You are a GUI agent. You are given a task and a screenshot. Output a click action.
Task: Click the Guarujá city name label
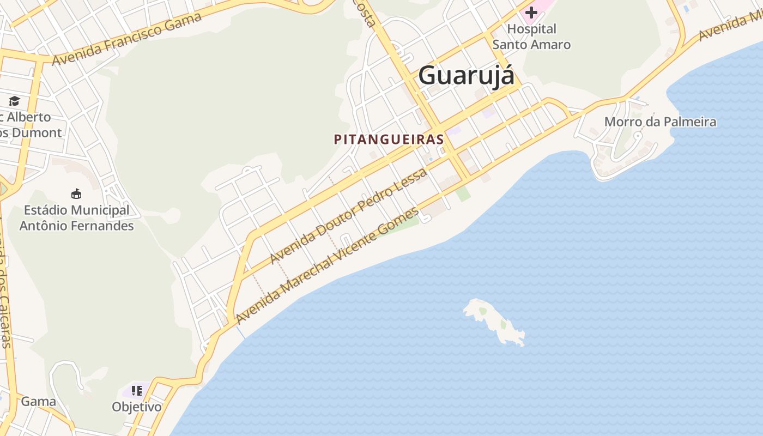[466, 75]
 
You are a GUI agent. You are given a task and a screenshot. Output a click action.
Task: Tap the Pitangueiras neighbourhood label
[389, 140]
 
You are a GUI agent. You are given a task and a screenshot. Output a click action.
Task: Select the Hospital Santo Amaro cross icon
[531, 12]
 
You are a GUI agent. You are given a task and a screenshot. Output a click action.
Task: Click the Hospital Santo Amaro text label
[531, 37]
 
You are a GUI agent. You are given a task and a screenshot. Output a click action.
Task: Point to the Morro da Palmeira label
[660, 122]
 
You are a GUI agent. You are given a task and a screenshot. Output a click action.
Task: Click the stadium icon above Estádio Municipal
[76, 193]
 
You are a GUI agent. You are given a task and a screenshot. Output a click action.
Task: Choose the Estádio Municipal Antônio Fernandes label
[76, 217]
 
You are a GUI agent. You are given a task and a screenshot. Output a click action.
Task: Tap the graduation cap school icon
[14, 101]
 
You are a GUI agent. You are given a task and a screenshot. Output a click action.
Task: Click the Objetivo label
[137, 407]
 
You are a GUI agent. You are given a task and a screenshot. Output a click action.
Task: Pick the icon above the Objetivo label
[137, 391]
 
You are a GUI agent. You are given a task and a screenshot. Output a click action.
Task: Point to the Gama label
[38, 402]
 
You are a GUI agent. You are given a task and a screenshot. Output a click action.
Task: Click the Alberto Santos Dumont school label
[30, 125]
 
